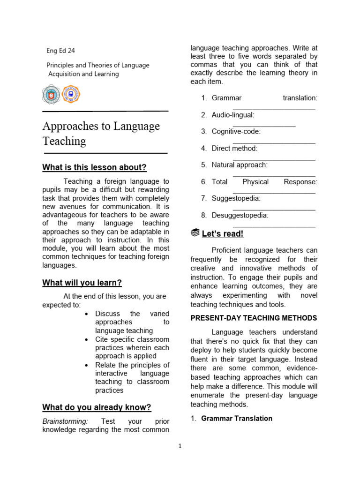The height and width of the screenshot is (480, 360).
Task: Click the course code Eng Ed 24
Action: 60,51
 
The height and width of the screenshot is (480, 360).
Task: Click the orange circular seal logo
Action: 71,94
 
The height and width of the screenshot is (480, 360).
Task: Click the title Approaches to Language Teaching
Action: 101,134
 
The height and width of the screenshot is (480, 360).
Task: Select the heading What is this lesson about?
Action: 94,167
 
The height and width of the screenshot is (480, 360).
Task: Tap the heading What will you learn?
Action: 82,283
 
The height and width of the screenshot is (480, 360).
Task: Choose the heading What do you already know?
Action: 97,407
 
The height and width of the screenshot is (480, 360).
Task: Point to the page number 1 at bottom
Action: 180,446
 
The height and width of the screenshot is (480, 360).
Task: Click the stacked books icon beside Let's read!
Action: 195,233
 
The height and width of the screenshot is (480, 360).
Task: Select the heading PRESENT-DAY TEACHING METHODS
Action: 254,318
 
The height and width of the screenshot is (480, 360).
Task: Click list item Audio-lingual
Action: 233,115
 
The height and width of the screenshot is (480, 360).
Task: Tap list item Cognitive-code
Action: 236,132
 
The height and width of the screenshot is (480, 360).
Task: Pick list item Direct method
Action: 234,148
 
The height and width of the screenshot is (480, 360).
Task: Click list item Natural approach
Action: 240,165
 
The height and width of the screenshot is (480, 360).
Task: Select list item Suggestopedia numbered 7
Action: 236,198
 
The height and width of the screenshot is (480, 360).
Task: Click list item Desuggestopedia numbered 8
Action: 240,215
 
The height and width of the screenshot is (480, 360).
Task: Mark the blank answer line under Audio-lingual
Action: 264,125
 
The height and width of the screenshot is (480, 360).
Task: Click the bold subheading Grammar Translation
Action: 236,418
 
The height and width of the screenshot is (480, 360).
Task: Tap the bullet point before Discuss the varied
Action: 87,314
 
